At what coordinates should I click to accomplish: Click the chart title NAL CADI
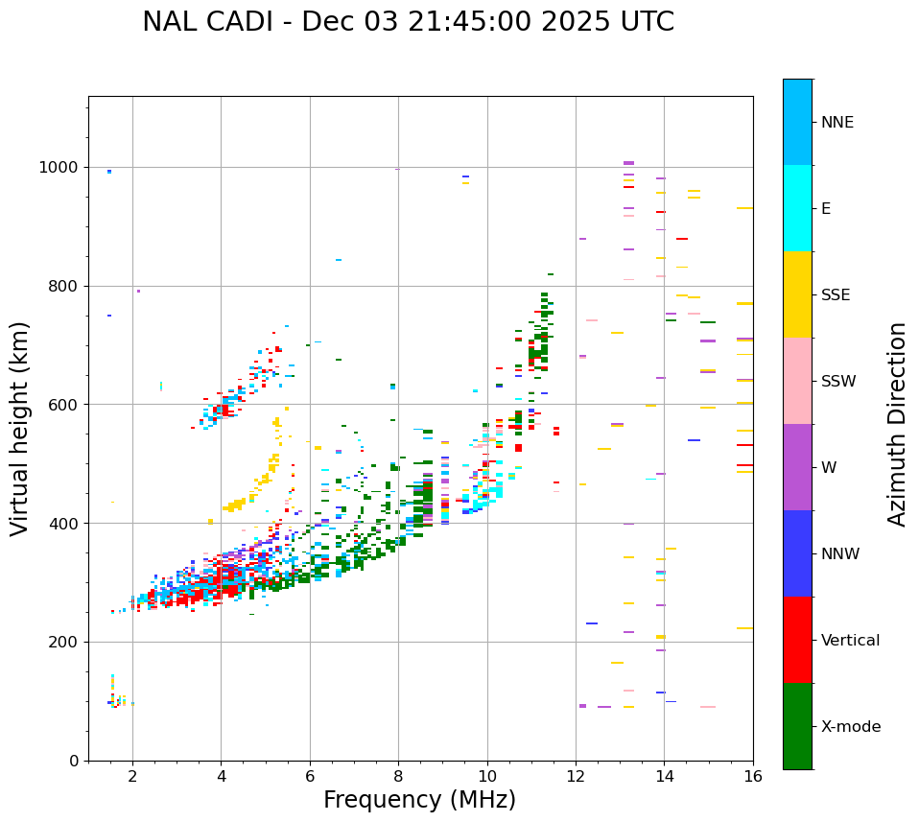[x=408, y=22]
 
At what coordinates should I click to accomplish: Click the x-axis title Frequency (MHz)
[x=419, y=800]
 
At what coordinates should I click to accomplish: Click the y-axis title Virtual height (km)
[x=20, y=428]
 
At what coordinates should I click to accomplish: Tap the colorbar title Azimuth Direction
[x=897, y=424]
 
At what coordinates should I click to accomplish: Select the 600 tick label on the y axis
[x=67, y=405]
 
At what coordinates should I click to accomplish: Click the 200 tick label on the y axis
[x=67, y=642]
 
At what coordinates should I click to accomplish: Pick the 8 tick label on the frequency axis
[x=398, y=776]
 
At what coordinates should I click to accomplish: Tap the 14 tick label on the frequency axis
[x=664, y=776]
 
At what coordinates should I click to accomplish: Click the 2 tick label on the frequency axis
[x=132, y=776]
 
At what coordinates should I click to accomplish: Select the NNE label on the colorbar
[x=837, y=123]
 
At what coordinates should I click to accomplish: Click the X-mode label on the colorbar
[x=850, y=727]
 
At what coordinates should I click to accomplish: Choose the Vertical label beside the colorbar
[x=850, y=641]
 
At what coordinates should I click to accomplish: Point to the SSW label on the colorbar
[x=838, y=382]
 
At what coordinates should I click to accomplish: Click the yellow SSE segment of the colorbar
[x=797, y=294]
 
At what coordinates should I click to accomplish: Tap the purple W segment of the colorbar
[x=797, y=467]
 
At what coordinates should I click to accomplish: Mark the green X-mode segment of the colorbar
[x=797, y=726]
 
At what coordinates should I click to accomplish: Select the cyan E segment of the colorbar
[x=797, y=208]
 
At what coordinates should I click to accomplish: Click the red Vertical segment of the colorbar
[x=797, y=640]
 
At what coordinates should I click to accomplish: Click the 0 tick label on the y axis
[x=75, y=761]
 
